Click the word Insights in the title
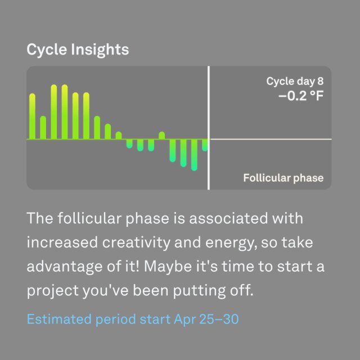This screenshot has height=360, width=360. click(100, 50)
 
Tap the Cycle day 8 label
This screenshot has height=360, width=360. click(295, 81)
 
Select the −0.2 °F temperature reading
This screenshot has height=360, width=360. click(301, 96)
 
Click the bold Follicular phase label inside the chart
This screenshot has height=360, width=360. click(283, 178)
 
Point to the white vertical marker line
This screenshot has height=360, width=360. click(209, 128)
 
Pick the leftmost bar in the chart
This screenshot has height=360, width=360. click(33, 116)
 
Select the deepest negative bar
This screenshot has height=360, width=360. click(194, 155)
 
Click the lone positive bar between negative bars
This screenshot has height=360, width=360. click(162, 135)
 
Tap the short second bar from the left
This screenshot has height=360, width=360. click(43, 128)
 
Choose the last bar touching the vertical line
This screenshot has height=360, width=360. click(205, 145)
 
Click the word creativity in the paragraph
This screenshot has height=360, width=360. click(136, 243)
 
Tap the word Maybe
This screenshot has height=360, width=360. click(168, 267)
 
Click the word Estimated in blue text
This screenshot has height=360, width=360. click(59, 319)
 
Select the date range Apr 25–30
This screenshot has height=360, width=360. click(206, 319)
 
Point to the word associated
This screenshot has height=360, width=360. click(228, 218)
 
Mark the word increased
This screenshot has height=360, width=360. click(62, 242)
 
